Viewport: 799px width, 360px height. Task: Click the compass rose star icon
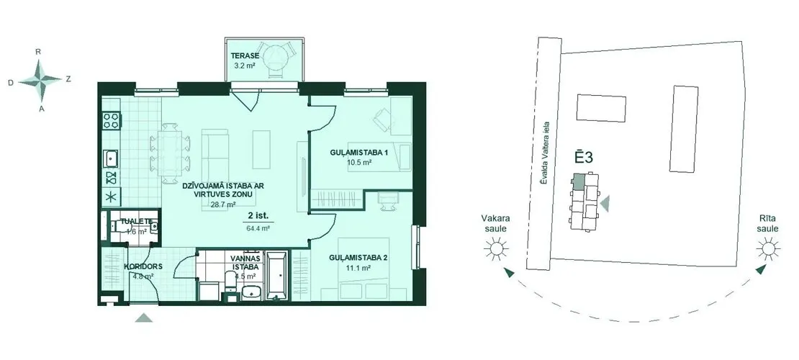click(x=40, y=79)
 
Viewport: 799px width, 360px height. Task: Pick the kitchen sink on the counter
click(x=111, y=158)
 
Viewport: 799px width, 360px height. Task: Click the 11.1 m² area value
click(x=358, y=266)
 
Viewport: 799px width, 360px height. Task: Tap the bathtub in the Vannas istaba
click(x=277, y=275)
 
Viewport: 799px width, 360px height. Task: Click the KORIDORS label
click(x=143, y=266)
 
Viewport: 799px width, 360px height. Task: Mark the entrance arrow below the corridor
click(x=144, y=318)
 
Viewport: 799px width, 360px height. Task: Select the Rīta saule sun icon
click(x=768, y=249)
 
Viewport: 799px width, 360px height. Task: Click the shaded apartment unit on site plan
click(x=579, y=182)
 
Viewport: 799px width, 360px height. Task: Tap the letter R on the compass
click(x=37, y=52)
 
